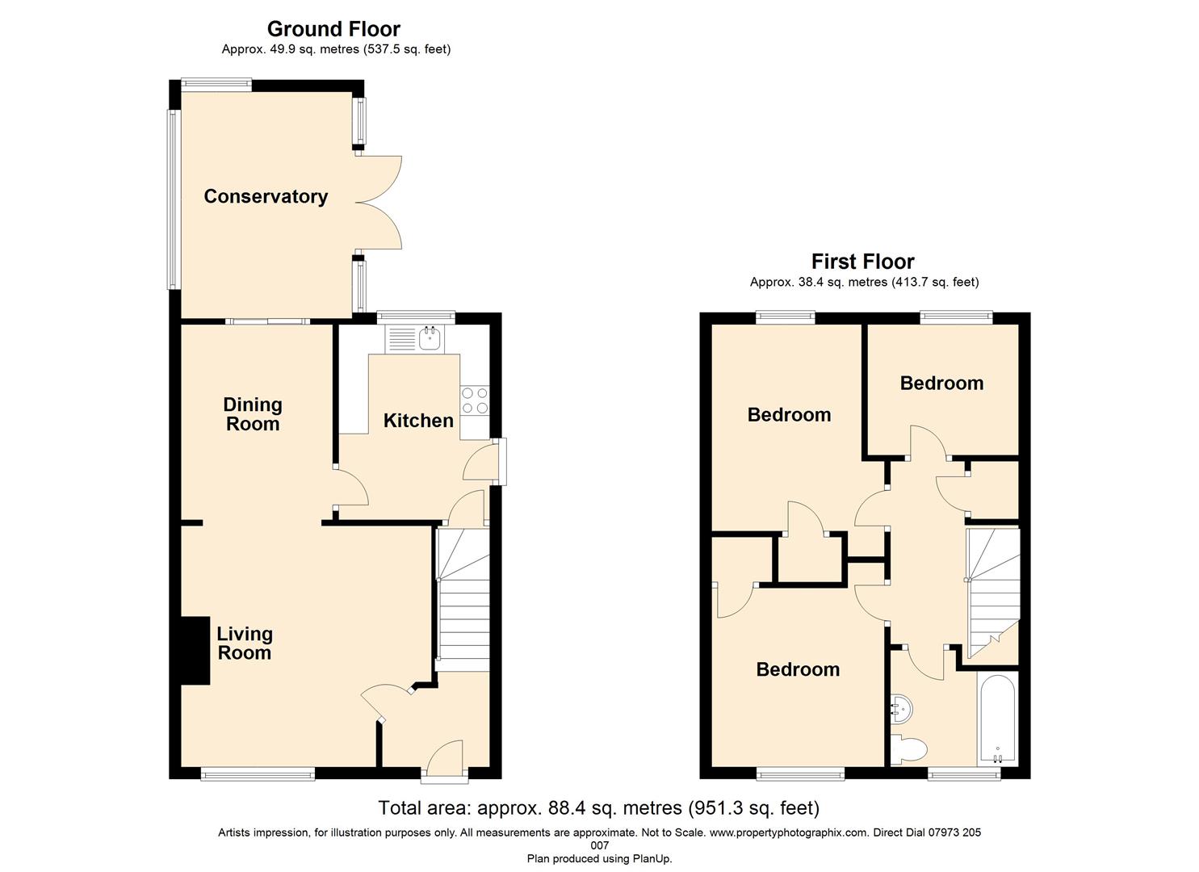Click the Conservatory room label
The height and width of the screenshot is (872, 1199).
266,196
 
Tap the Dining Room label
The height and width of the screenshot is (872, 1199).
253,414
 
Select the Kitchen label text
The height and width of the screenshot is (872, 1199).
418,421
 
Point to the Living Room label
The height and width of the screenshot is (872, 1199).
245,644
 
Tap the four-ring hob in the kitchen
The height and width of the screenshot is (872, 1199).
475,400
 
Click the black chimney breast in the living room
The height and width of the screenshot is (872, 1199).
195,651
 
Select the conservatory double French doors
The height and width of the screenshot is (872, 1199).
379,201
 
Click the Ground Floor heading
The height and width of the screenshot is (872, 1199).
333,29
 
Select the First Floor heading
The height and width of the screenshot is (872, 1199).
862,262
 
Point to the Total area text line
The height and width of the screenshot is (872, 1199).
598,807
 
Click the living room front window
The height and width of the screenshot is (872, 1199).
258,774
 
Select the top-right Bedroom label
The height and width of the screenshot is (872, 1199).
941,384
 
